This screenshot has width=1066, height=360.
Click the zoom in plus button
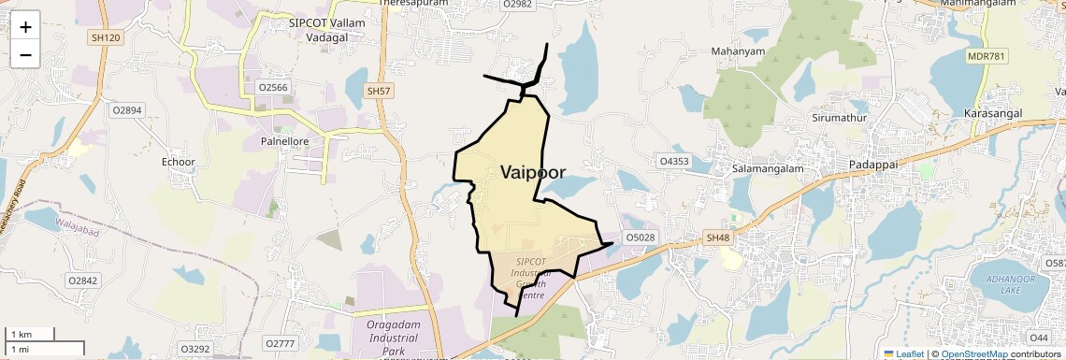tap(25, 26)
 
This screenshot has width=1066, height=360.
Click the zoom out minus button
tap(25, 54)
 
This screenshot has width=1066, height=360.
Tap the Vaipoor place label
tap(545, 172)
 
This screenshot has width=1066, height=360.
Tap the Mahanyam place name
tap(738, 50)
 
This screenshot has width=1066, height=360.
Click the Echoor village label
tap(178, 162)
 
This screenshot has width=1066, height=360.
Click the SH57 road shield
tap(378, 91)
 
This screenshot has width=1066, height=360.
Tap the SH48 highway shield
tap(717, 238)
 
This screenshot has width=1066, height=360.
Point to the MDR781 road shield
tap(987, 56)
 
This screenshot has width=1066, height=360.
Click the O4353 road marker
tap(673, 161)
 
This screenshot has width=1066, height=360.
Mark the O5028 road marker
tap(641, 238)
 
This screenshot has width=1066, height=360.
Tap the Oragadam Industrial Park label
tap(392, 338)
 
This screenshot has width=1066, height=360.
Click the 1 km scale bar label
tap(22, 335)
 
